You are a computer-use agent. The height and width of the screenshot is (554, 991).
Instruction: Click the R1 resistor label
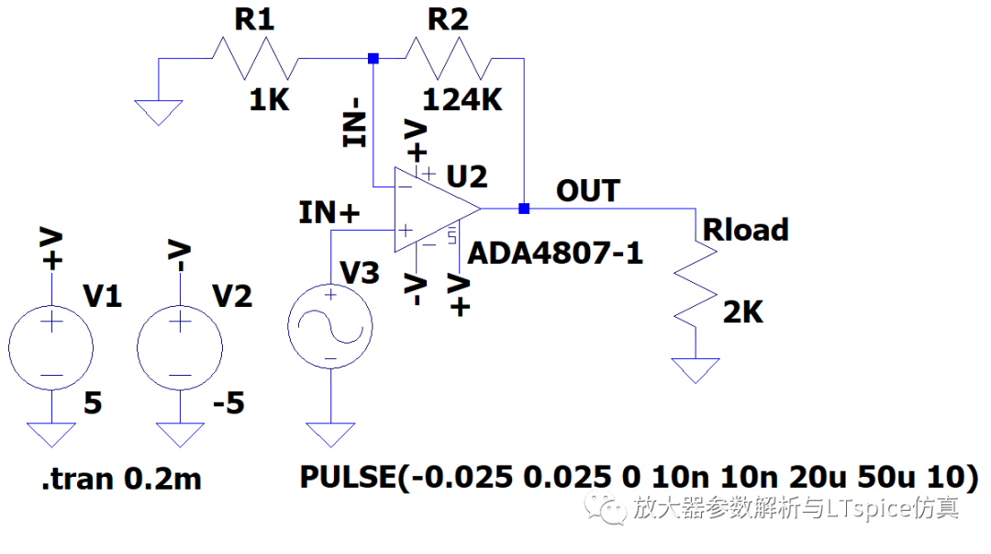click(255, 19)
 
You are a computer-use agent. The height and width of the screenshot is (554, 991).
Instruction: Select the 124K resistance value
click(462, 100)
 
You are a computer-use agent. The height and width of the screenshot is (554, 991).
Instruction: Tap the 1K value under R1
click(269, 100)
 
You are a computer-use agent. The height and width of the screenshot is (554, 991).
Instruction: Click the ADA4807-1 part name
click(555, 254)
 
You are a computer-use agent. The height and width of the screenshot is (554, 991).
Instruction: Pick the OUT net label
click(588, 190)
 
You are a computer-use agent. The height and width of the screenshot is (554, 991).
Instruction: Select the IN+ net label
click(328, 213)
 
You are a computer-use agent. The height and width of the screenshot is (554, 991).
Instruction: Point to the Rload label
click(746, 229)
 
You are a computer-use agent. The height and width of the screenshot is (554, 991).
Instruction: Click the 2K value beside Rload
click(743, 312)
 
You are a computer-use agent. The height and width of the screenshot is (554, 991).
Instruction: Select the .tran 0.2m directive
click(121, 479)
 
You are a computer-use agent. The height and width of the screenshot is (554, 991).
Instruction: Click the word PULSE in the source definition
click(349, 477)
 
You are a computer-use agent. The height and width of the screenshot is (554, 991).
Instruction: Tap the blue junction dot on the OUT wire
click(524, 209)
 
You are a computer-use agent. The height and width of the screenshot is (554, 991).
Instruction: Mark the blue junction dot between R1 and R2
click(373, 58)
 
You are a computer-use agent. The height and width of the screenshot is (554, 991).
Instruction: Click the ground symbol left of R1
click(159, 113)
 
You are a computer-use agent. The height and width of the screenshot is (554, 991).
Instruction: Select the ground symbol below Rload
click(696, 371)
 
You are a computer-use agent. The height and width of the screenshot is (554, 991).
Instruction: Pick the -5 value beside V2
click(228, 403)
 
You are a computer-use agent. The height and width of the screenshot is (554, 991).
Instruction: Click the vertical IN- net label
click(355, 123)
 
